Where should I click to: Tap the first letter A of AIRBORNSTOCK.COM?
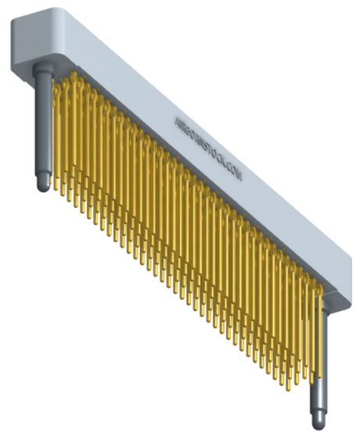(x=177, y=120)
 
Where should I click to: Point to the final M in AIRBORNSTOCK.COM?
(x=239, y=177)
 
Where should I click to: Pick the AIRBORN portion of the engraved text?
(x=190, y=132)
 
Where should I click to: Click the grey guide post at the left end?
(x=43, y=125)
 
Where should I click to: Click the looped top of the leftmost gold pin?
(x=56, y=79)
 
